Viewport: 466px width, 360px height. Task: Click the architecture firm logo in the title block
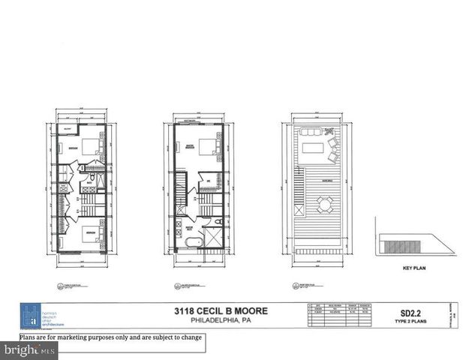point(30,315)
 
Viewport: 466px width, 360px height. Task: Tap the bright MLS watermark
point(29,350)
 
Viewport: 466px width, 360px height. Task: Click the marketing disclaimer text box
point(111,337)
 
